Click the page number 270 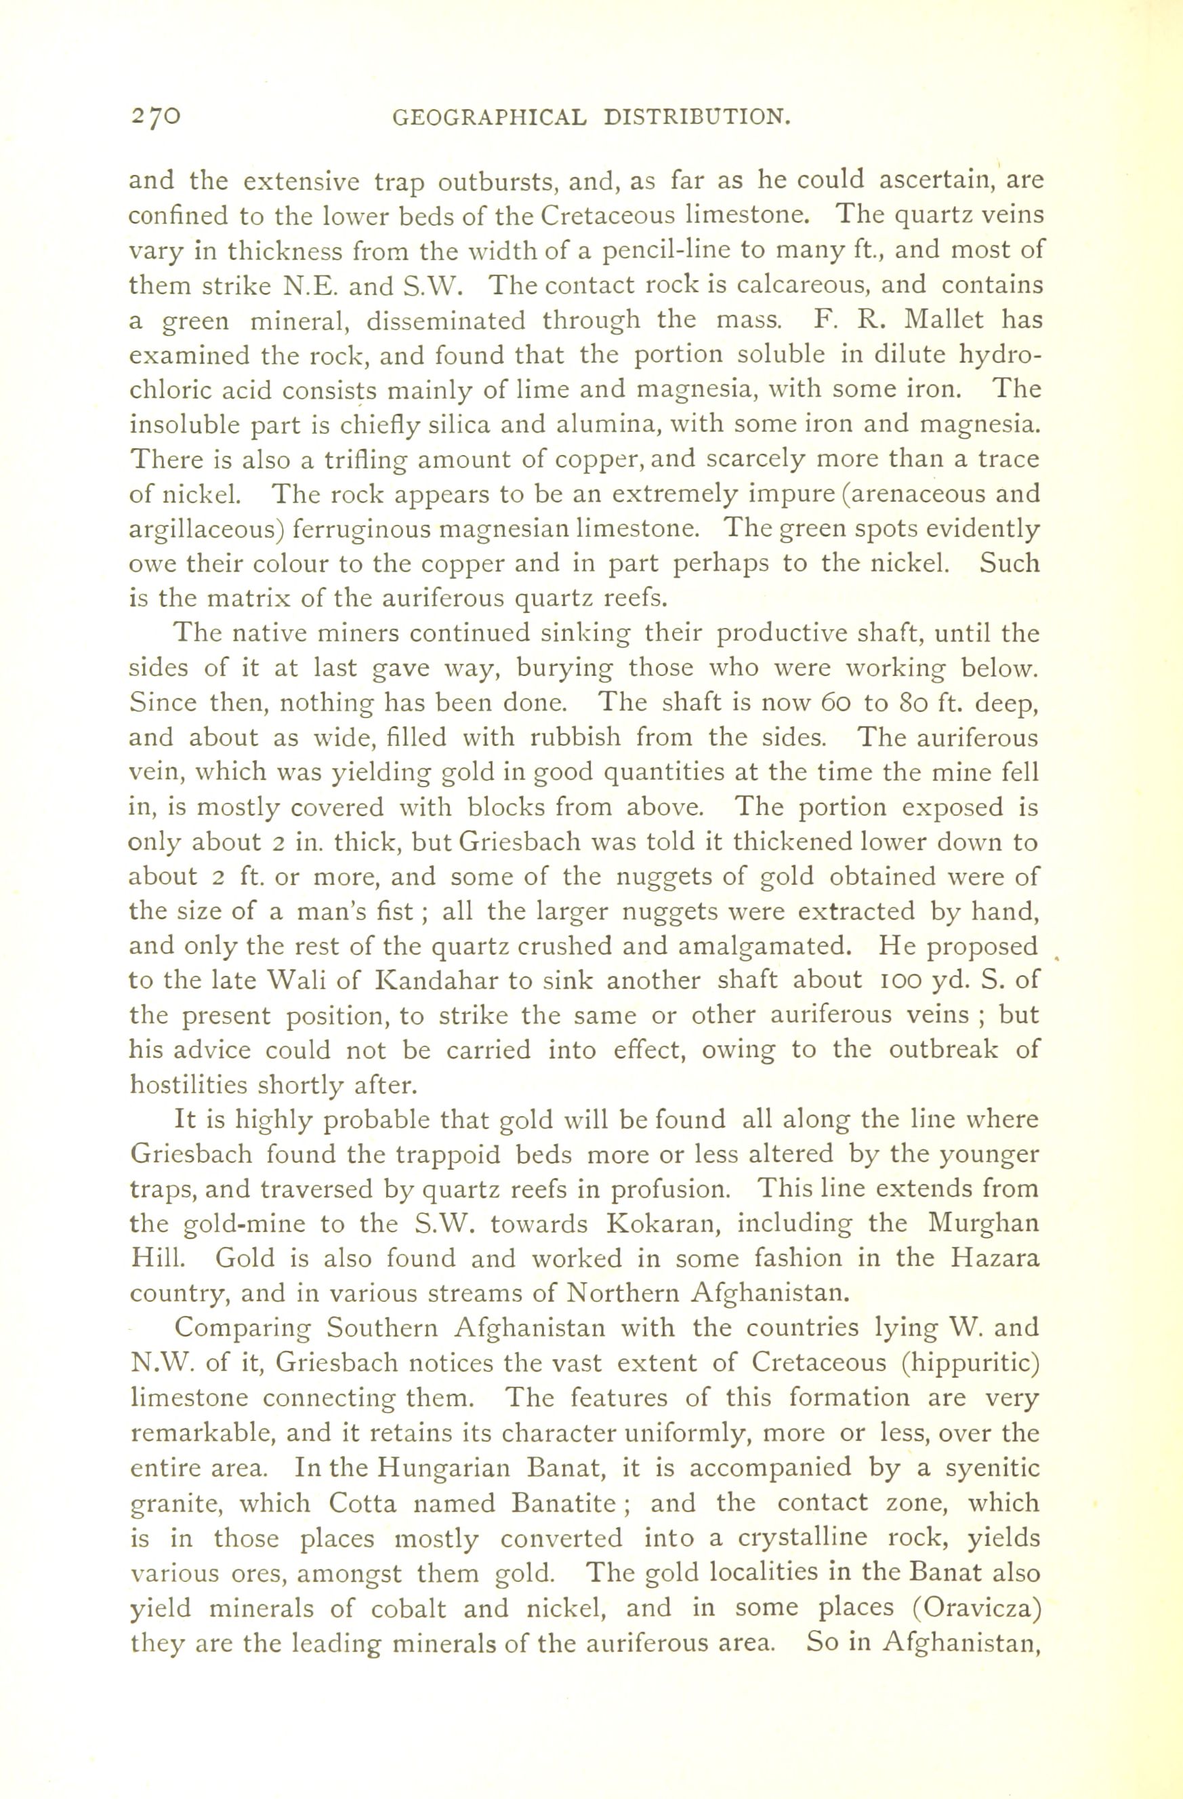point(155,116)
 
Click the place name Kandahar point(431,981)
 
